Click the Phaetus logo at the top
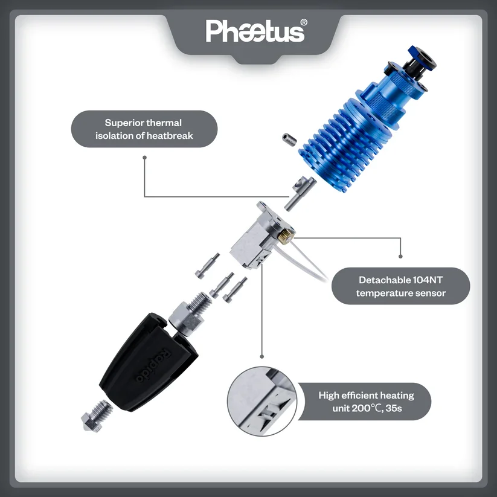pos(255,31)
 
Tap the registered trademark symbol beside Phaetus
pos(303,22)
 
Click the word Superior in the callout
pos(123,123)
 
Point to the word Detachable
pos(385,280)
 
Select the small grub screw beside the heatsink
pos(289,139)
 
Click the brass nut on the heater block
pos(286,236)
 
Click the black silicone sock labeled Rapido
pos(149,362)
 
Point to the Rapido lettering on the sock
pos(153,365)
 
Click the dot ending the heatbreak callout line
pos(144,158)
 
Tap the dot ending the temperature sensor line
pos(400,256)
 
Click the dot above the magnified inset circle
pos(262,356)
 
